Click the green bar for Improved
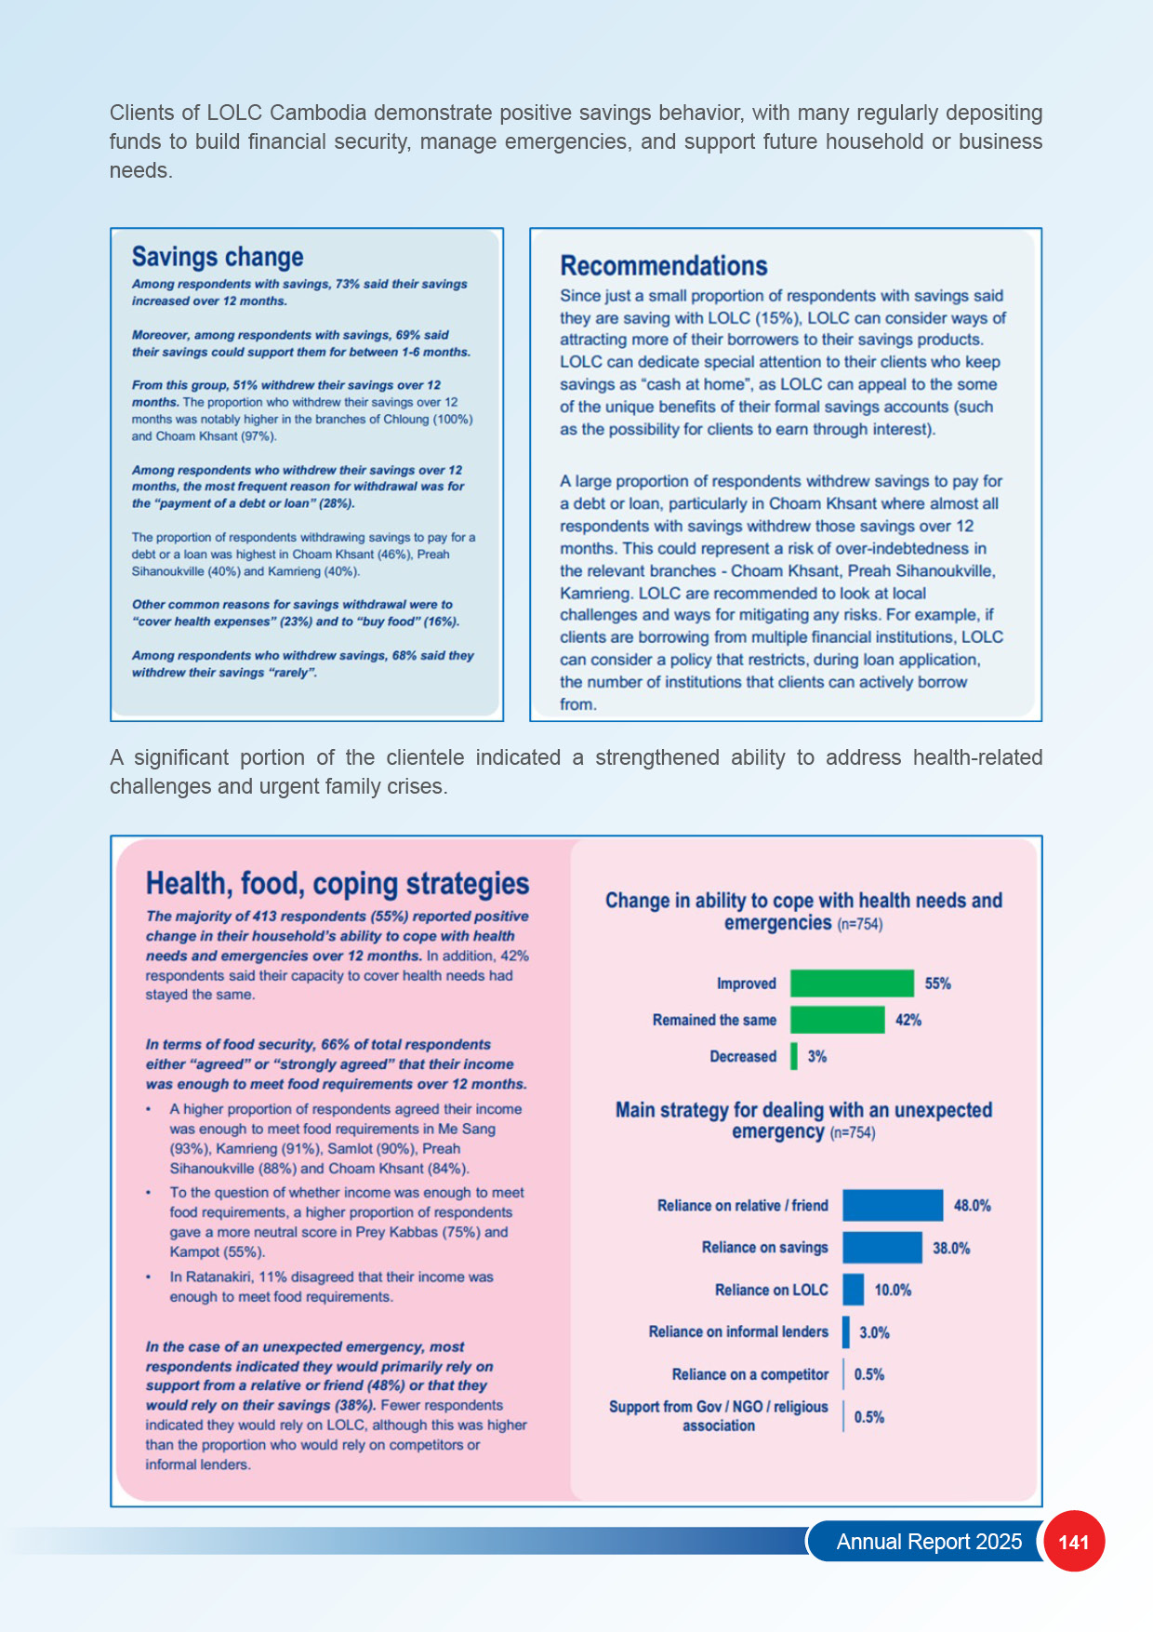pos(852,983)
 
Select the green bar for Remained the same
pos(837,1020)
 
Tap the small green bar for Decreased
pos(794,1056)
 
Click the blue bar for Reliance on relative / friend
pos(893,1205)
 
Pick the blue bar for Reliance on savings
pos(882,1248)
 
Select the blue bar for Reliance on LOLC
pos(854,1290)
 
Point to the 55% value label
pos(937,983)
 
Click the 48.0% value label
pos(972,1206)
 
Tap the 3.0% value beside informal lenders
pos(874,1332)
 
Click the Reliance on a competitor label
pos(749,1374)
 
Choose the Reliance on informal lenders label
pos(738,1331)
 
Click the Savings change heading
pos(218,257)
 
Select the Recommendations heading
pos(664,266)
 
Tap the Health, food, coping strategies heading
pos(338,883)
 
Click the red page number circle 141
pos(1074,1541)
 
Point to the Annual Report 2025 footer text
pos(929,1542)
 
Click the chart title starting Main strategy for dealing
pos(803,1120)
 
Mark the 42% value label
pos(908,1020)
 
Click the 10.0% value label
pos(893,1290)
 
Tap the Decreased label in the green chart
pos(742,1056)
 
